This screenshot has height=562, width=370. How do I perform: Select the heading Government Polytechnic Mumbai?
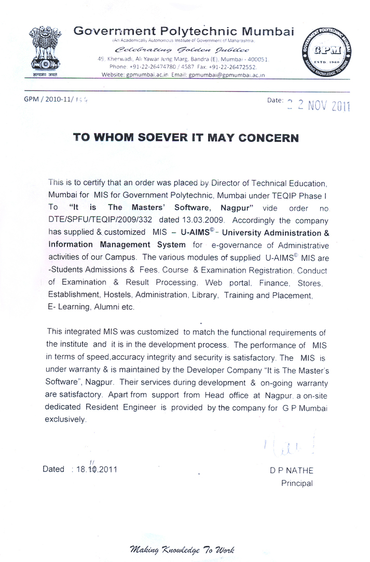tap(184, 31)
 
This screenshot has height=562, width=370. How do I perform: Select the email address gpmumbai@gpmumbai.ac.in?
tap(226, 75)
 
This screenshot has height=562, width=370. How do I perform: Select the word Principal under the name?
tap(297, 483)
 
